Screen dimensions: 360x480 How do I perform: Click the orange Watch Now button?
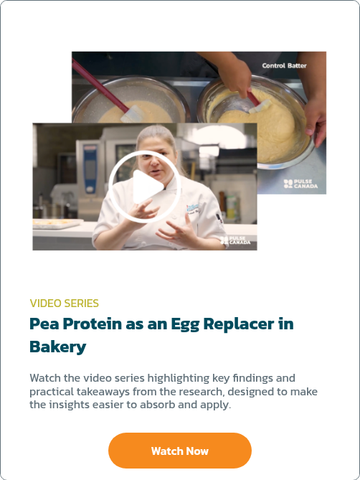pyautogui.click(x=180, y=451)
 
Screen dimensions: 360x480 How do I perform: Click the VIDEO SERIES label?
pyautogui.click(x=65, y=303)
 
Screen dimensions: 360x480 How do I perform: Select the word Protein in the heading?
pyautogui.click(x=92, y=324)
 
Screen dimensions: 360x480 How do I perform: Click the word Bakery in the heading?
pyautogui.click(x=58, y=347)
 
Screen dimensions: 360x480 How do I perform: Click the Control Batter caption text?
pyautogui.click(x=284, y=65)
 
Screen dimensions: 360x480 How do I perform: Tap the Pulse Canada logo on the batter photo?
pyautogui.click(x=300, y=184)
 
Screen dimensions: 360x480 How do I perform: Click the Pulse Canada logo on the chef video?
pyautogui.click(x=235, y=240)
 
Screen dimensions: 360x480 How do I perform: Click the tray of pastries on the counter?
pyautogui.click(x=57, y=223)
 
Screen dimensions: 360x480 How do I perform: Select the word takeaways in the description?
pyautogui.click(x=103, y=392)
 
